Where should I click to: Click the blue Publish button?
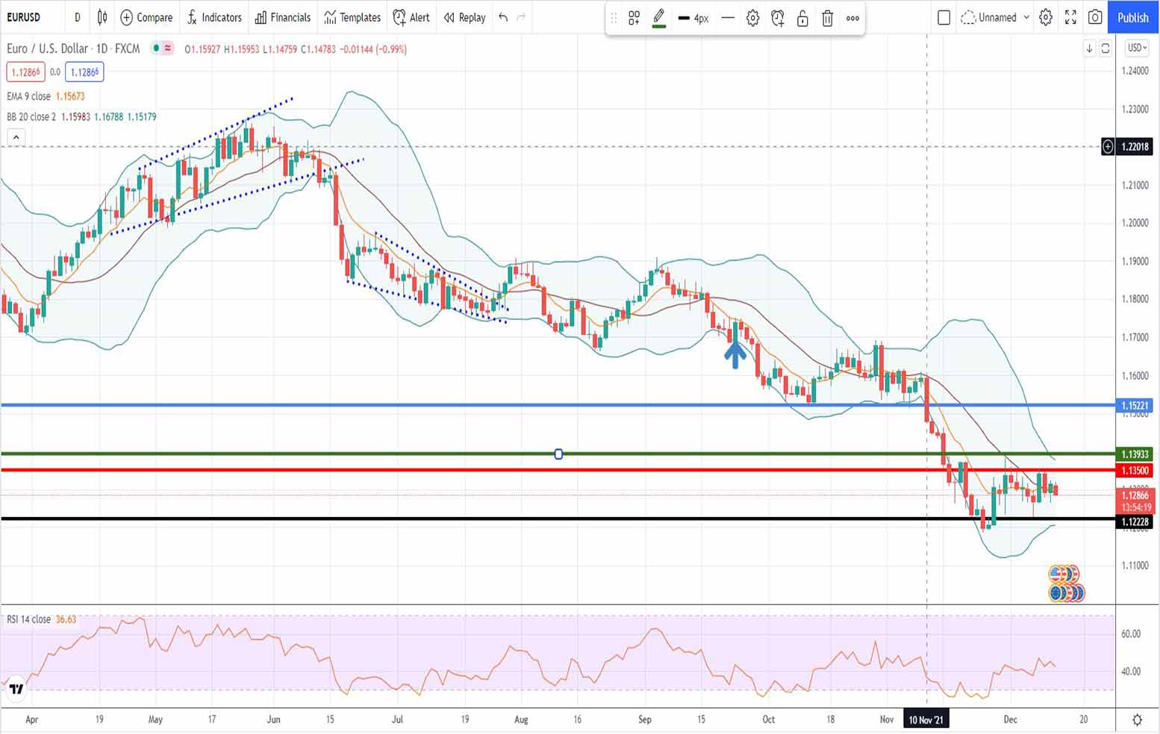click(x=1132, y=17)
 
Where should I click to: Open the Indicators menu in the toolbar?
click(x=214, y=17)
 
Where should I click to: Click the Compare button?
click(x=146, y=17)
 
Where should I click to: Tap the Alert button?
click(x=411, y=17)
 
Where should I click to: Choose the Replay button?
click(x=464, y=17)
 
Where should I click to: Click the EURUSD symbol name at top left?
click(x=24, y=17)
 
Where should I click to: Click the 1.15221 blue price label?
click(x=1135, y=406)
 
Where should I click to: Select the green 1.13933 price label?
click(x=1135, y=454)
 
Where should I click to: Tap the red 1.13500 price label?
click(x=1135, y=471)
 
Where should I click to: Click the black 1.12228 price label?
click(x=1135, y=521)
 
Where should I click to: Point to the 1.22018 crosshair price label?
click(x=1135, y=146)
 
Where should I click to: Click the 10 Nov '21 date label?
click(x=926, y=720)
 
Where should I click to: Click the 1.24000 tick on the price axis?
click(x=1135, y=71)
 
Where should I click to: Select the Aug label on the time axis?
click(x=521, y=720)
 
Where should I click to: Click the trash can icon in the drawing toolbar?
click(x=827, y=19)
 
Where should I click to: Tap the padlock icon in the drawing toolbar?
click(x=802, y=19)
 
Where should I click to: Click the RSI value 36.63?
click(x=66, y=619)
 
